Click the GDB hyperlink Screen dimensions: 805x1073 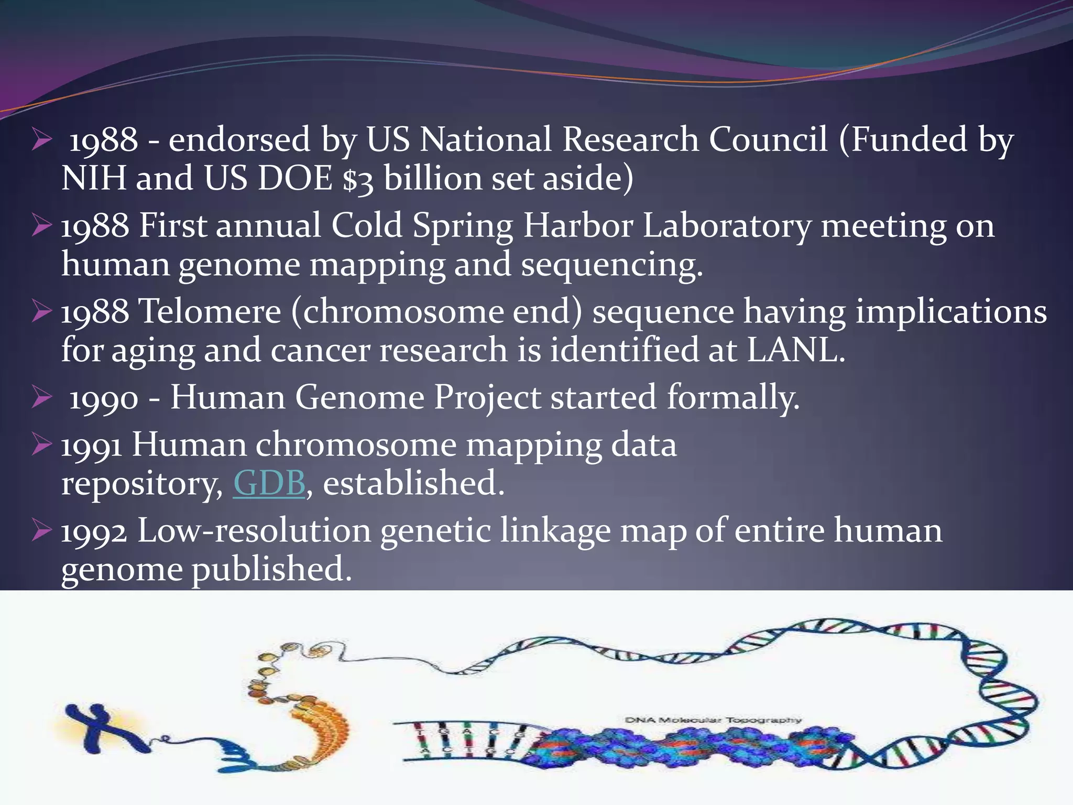[269, 483]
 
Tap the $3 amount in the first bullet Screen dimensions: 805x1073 [358, 179]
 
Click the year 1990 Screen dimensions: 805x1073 [104, 398]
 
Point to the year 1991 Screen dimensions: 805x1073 [92, 445]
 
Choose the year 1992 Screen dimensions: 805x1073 [94, 531]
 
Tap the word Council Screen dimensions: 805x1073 [768, 140]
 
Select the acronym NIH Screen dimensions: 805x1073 [94, 178]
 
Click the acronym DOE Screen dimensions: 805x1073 [295, 178]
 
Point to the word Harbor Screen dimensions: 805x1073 [578, 226]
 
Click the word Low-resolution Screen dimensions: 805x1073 [254, 530]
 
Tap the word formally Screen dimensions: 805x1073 [733, 397]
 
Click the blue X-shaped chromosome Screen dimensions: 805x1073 [105, 726]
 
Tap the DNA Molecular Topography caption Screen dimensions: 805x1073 [713, 720]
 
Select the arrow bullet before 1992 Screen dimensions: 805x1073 [41, 530]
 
